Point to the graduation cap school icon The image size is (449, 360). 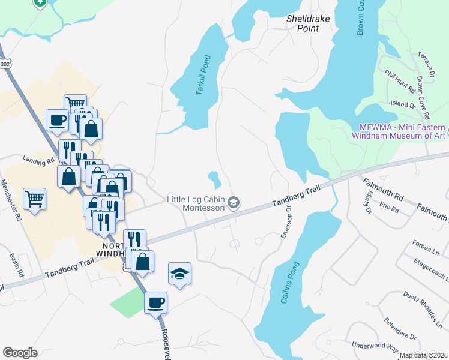(x=179, y=274)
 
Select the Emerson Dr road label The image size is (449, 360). (x=286, y=223)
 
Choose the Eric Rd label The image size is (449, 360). (x=389, y=208)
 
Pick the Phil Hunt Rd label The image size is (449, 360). (x=400, y=80)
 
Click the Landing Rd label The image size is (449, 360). (x=34, y=160)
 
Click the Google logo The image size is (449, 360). (x=20, y=353)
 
